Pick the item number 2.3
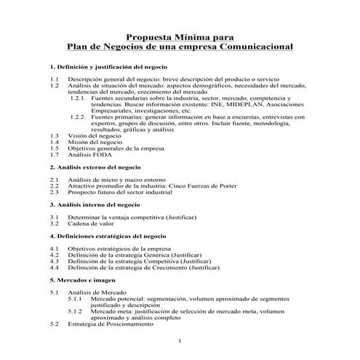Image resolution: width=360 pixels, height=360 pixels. pyautogui.click(x=54, y=192)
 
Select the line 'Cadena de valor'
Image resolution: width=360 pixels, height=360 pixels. pyautogui.click(x=92, y=223)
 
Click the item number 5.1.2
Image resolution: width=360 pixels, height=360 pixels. pyautogui.click(x=76, y=311)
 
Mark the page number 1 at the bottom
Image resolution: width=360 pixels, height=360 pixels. pyautogui.click(x=179, y=340)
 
